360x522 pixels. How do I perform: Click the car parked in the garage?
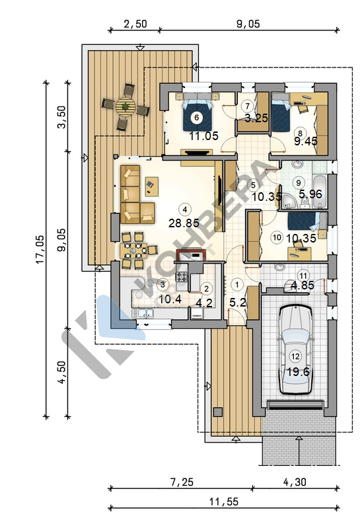(x=295, y=350)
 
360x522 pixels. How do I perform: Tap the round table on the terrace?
(x=126, y=107)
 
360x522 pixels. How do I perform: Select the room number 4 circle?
(x=184, y=209)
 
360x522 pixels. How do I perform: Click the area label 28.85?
(x=184, y=223)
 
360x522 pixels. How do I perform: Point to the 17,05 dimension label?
(x=40, y=249)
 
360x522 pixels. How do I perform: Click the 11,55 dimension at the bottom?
(x=224, y=502)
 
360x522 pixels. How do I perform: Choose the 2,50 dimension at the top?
(x=135, y=24)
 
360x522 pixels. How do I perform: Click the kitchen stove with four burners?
(x=182, y=277)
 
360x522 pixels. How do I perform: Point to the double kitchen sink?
(x=143, y=313)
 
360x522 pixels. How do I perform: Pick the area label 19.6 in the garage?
(x=298, y=372)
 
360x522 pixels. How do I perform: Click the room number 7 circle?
(x=247, y=106)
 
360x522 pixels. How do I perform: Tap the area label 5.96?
(x=310, y=194)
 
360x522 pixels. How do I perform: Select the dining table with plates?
(x=133, y=250)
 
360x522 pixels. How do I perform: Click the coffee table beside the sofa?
(x=152, y=186)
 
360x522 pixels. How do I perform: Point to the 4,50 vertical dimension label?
(x=62, y=372)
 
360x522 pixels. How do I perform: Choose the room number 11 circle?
(x=303, y=276)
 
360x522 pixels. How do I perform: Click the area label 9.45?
(x=306, y=141)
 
